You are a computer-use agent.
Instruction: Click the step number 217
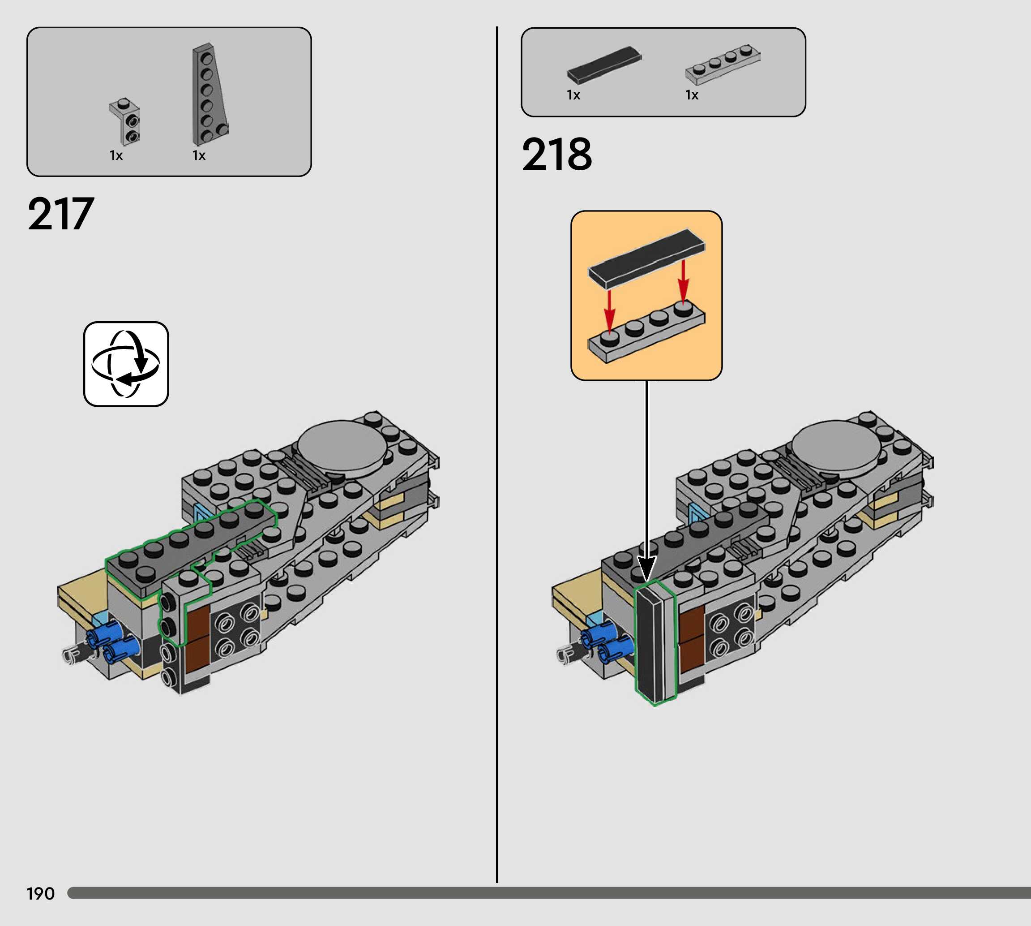pyautogui.click(x=60, y=214)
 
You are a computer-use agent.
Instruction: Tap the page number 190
pyautogui.click(x=40, y=893)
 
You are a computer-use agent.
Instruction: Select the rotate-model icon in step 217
pyautogui.click(x=126, y=364)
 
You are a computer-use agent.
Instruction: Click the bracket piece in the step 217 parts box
pyautogui.click(x=125, y=121)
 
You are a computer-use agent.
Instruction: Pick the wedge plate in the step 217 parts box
pyautogui.click(x=210, y=95)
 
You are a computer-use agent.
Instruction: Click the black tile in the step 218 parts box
pyautogui.click(x=604, y=65)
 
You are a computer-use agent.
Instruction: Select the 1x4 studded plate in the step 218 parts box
pyautogui.click(x=723, y=64)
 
